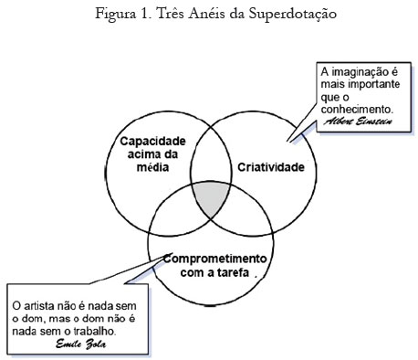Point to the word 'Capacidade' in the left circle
click(x=152, y=142)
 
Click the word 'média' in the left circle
click(x=152, y=169)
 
